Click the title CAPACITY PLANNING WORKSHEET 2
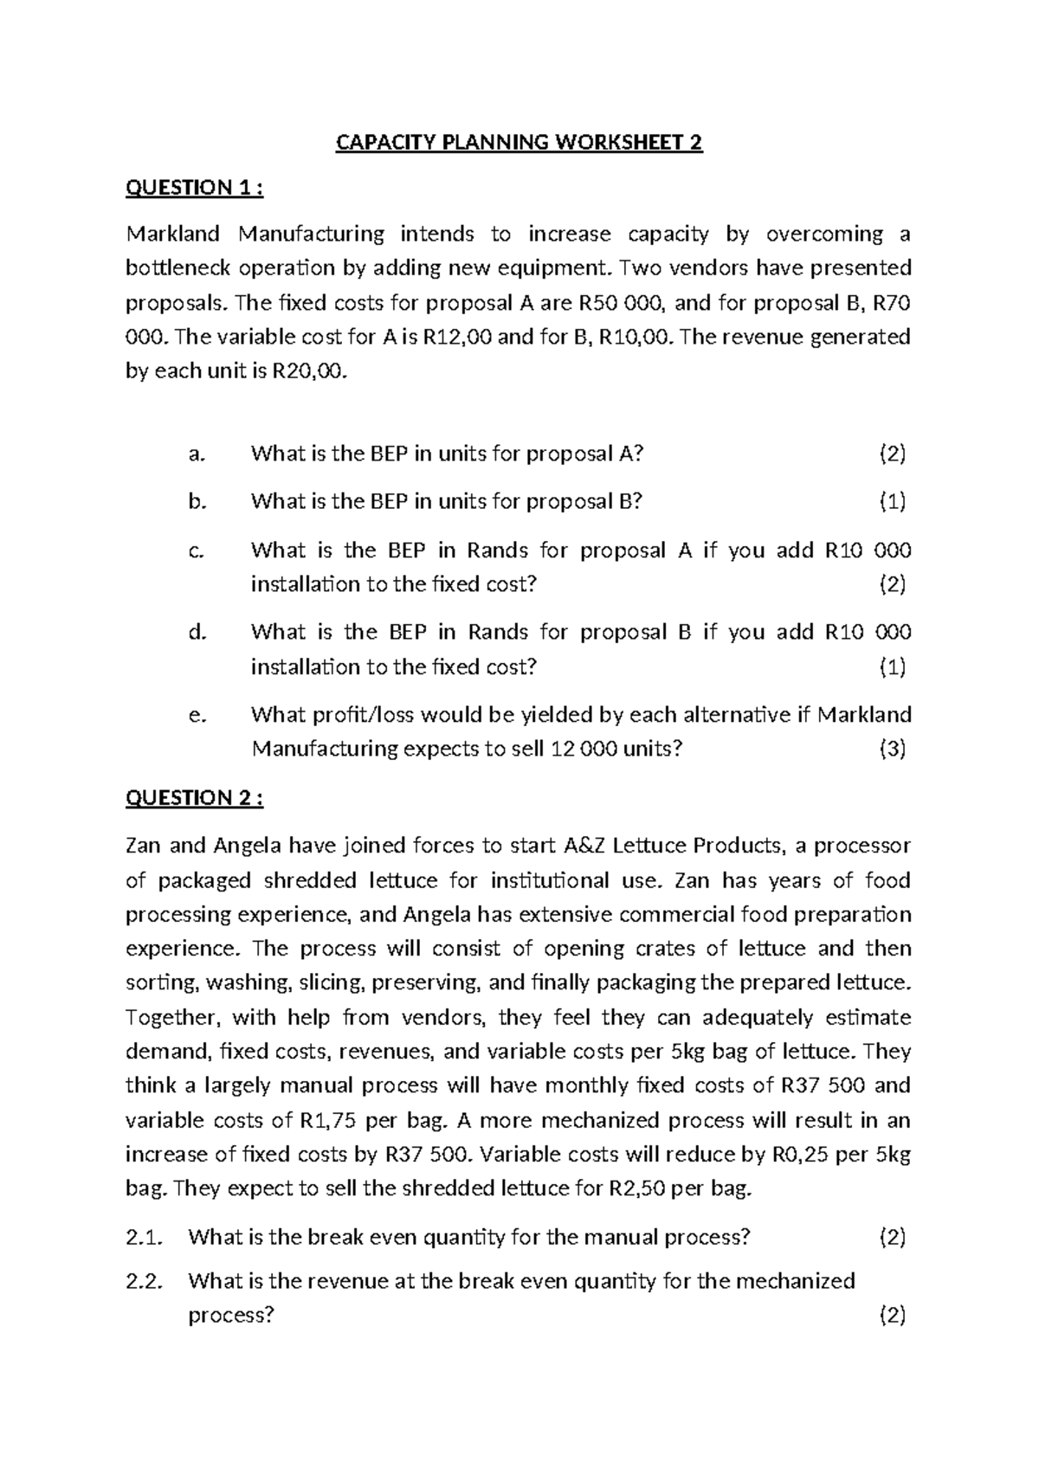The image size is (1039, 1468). click(x=519, y=143)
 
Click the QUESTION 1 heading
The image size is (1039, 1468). click(x=194, y=188)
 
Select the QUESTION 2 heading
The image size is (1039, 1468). click(x=194, y=798)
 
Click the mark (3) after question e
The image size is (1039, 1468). click(x=892, y=750)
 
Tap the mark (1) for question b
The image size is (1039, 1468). click(x=892, y=501)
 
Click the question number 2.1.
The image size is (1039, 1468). click(x=144, y=1238)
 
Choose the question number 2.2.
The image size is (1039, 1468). click(x=144, y=1281)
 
